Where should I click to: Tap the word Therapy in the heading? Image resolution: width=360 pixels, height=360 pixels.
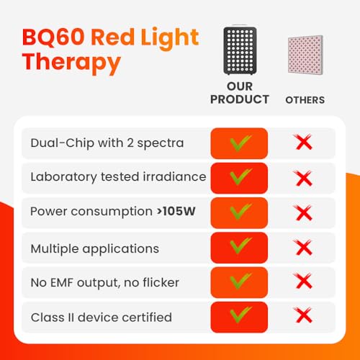[71, 63]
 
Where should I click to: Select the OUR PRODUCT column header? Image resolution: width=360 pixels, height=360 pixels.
[240, 93]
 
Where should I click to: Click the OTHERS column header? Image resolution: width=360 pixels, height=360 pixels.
[305, 100]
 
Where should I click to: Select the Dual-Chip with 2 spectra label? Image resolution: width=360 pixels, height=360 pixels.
[107, 143]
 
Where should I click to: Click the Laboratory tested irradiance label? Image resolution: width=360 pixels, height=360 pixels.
[118, 177]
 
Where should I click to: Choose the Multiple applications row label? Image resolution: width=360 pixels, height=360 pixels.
[94, 248]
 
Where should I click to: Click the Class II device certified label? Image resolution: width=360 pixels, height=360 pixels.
[101, 317]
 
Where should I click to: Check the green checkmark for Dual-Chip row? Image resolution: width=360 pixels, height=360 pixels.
[240, 142]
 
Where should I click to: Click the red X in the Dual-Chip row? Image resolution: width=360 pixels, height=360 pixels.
[304, 143]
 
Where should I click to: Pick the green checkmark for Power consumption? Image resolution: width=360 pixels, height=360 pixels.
[240, 212]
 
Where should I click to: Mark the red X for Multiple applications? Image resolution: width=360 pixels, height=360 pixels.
[304, 248]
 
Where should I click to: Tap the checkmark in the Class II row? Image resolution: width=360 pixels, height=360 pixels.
[240, 316]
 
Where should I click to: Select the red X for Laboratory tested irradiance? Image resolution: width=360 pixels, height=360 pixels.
[304, 177]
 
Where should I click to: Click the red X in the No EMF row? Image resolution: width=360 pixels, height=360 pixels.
[304, 282]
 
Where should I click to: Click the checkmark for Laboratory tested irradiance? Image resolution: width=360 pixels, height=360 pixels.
[240, 176]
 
